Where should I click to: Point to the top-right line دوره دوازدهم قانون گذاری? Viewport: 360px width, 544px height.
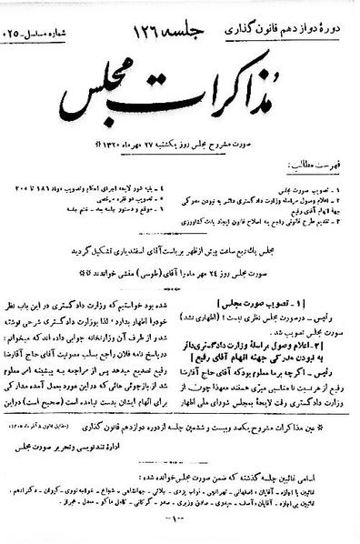[289, 17]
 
